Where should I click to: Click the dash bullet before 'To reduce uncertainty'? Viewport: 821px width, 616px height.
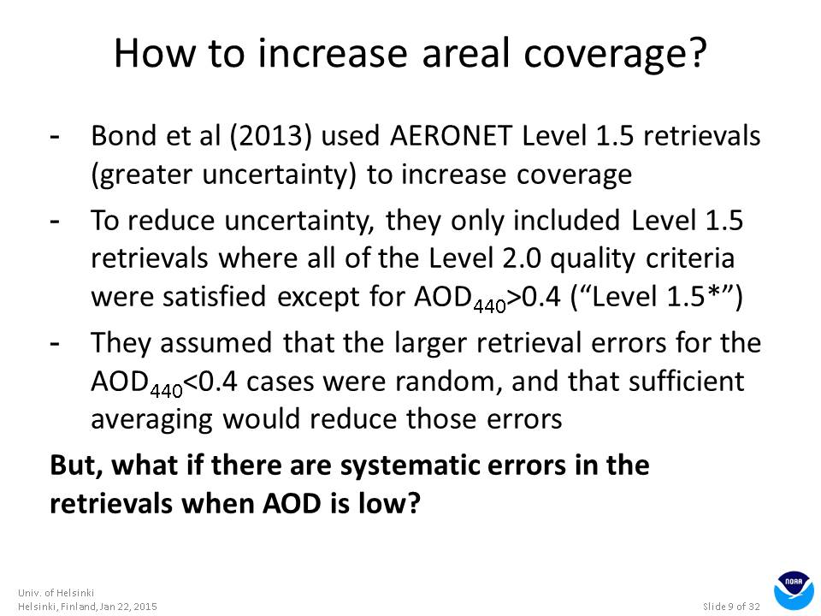[x=55, y=221]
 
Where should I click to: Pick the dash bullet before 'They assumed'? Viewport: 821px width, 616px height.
[x=55, y=343]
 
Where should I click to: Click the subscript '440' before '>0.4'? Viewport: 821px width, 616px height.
[x=489, y=305]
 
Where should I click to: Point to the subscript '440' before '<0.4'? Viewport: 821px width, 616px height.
[x=167, y=390]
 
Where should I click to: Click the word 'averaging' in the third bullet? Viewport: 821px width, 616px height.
[x=152, y=420]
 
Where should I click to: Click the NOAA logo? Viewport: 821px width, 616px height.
[x=794, y=590]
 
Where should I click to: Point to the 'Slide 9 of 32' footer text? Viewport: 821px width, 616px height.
[x=731, y=607]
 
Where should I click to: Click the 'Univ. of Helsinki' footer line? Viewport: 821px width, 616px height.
[x=56, y=593]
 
